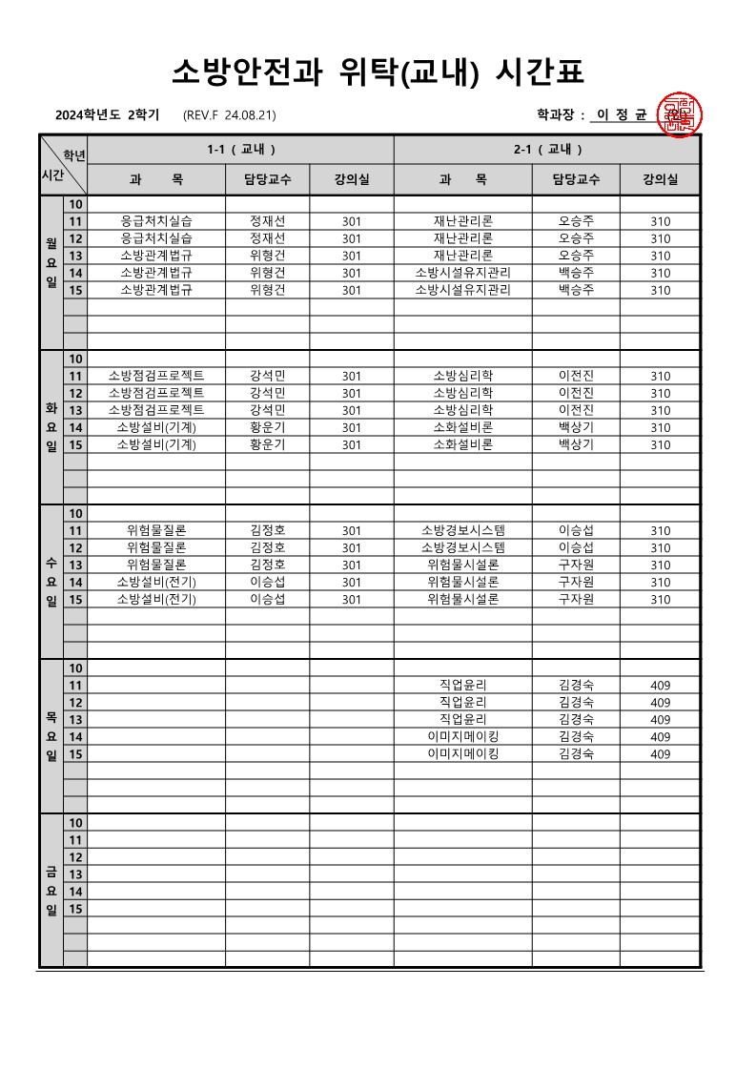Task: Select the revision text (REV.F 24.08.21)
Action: point(229,115)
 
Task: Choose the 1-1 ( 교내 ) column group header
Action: point(241,150)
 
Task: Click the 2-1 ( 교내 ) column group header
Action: point(547,150)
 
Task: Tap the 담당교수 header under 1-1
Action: point(267,179)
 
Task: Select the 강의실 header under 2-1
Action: point(660,179)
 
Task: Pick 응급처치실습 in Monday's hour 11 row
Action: point(156,221)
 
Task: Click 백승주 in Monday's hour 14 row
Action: point(576,273)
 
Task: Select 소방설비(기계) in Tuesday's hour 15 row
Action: point(156,444)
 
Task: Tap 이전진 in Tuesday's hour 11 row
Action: point(576,376)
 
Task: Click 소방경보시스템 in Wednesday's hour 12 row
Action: point(463,547)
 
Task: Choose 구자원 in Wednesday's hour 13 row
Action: point(576,565)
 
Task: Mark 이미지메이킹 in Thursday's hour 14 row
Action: point(463,737)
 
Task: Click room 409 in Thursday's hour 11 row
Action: point(660,686)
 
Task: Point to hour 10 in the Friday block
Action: point(75,823)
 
